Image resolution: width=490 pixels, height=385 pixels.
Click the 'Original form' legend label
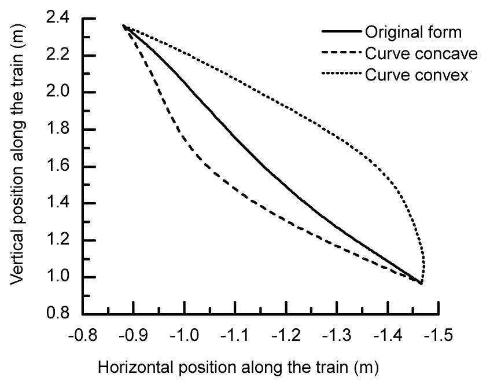click(x=413, y=32)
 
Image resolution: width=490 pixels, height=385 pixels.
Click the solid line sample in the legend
click(x=341, y=32)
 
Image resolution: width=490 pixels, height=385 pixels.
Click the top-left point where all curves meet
click(x=123, y=25)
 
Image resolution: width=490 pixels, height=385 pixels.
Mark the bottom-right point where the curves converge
click(x=421, y=283)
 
